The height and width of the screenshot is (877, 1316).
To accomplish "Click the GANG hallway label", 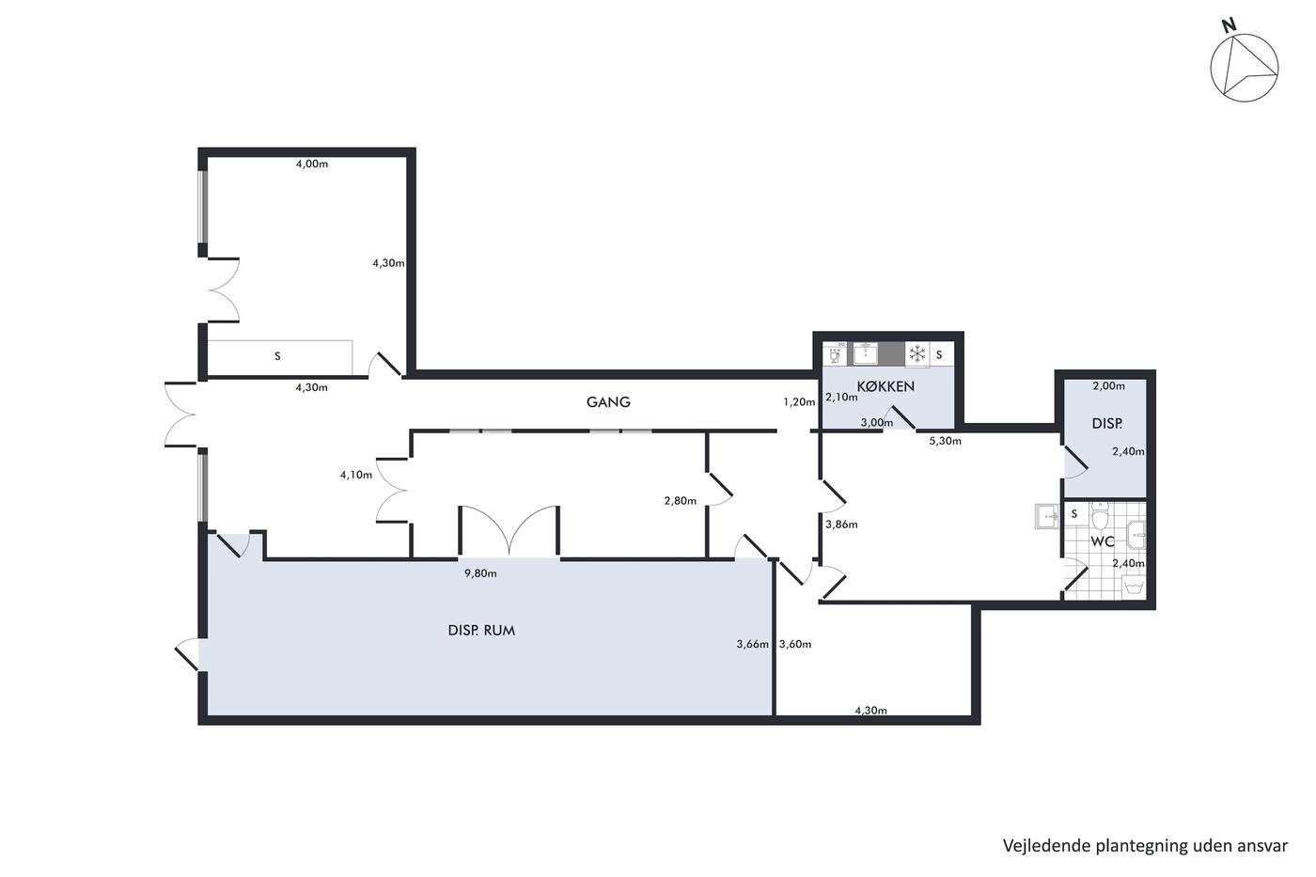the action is (608, 402).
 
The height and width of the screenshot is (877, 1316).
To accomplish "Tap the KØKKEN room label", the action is (885, 386).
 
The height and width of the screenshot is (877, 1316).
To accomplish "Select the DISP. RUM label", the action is (481, 631).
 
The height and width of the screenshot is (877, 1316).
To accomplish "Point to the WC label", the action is (1102, 541).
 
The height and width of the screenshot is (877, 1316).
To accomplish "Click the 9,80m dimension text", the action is (480, 573).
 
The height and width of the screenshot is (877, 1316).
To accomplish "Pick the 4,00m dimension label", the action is (312, 164).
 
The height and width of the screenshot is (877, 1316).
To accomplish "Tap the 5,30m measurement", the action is (946, 441).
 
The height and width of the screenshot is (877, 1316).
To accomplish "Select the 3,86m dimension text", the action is (841, 525).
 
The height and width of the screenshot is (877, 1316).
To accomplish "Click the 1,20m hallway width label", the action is (799, 402).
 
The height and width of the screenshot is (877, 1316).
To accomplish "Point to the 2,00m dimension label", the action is (1108, 386).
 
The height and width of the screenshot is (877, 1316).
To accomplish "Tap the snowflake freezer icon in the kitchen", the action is (917, 354).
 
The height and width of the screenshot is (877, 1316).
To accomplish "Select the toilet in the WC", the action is (1099, 517).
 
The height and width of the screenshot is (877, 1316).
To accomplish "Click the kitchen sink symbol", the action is (866, 354).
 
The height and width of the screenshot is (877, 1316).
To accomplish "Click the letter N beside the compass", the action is (1230, 25).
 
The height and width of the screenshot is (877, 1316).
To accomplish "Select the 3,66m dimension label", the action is (753, 645).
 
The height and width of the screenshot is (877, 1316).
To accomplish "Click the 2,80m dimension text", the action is (681, 501).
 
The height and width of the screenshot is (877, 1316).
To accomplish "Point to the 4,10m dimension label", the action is (356, 475).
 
